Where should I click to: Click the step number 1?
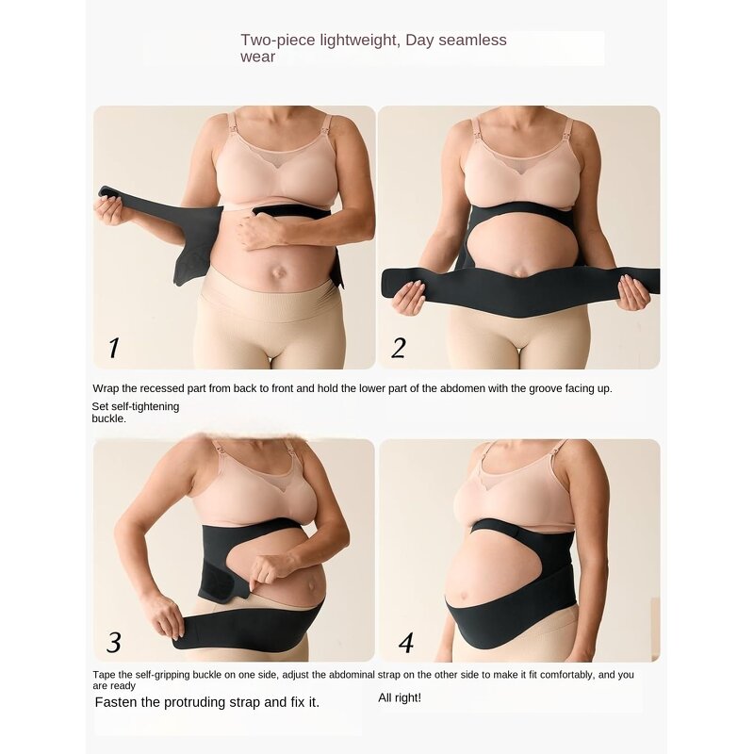pyautogui.click(x=113, y=348)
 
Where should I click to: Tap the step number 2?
pyautogui.click(x=399, y=348)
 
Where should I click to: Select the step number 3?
pyautogui.click(x=114, y=642)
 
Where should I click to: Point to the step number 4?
pyautogui.click(x=406, y=643)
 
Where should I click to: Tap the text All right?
pyautogui.click(x=400, y=697)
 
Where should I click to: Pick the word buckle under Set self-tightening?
pyautogui.click(x=107, y=418)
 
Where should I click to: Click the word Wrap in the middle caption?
pyautogui.click(x=105, y=388)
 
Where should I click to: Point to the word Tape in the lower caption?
pyautogui.click(x=104, y=675)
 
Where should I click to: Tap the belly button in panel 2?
pyautogui.click(x=517, y=272)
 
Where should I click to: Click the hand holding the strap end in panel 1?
pyautogui.click(x=109, y=210)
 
